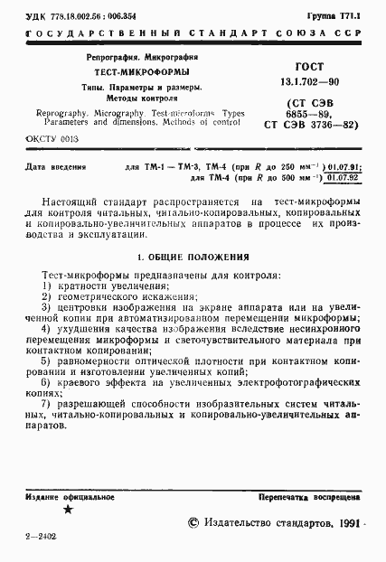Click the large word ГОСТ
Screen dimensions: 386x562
click(x=311, y=67)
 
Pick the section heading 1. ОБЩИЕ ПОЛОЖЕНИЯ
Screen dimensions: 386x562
click(x=193, y=256)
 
